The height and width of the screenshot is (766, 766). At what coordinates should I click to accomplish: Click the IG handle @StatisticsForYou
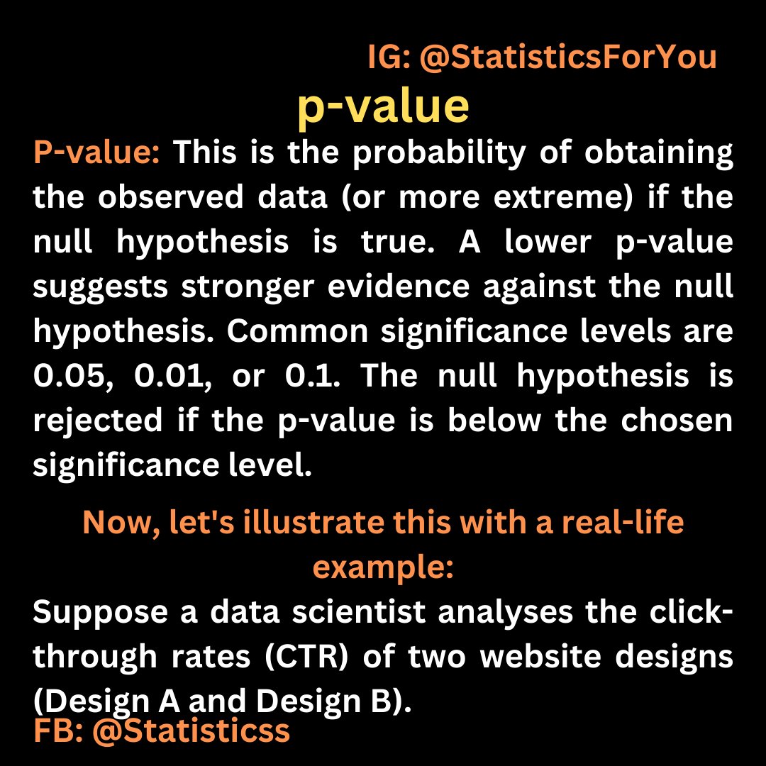point(568,58)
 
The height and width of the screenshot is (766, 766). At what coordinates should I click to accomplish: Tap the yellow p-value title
point(383,108)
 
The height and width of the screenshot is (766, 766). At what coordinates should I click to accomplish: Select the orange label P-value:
point(97,154)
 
